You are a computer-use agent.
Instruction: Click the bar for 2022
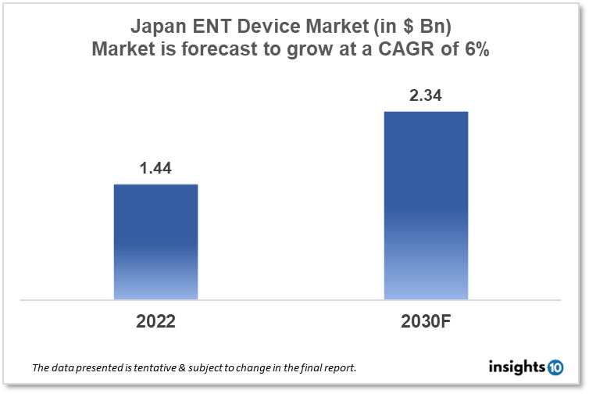(x=155, y=242)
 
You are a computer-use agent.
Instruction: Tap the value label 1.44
(x=155, y=168)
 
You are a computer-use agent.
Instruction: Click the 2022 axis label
(x=155, y=321)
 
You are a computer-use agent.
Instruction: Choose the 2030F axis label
(x=426, y=321)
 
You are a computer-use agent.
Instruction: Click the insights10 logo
(x=524, y=365)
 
